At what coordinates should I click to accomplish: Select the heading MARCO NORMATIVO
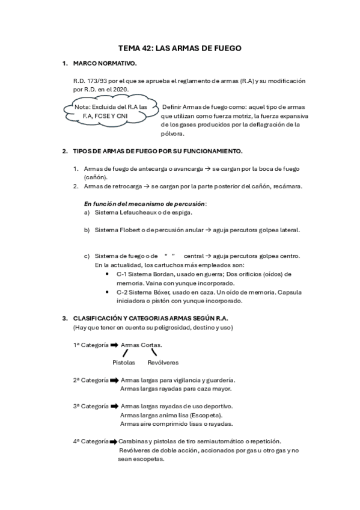click(105, 63)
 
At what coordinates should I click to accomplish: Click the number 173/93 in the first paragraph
click(96, 81)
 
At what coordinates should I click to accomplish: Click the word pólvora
click(173, 134)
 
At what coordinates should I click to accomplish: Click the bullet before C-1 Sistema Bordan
click(106, 274)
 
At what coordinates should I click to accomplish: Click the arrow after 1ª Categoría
click(114, 345)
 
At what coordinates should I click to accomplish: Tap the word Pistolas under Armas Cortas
click(124, 363)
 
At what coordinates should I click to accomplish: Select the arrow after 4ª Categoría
click(114, 441)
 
